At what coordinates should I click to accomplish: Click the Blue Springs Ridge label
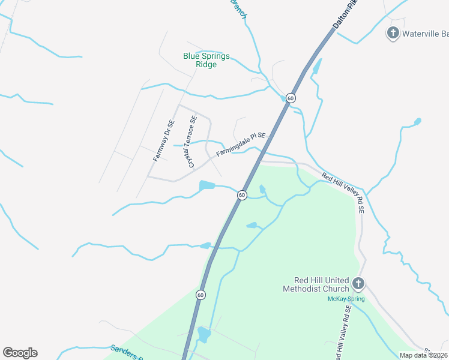[x=206, y=60]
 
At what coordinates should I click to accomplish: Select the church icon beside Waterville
[x=393, y=32]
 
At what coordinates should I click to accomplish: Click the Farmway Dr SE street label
[x=163, y=140]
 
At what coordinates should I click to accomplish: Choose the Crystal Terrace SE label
[x=192, y=142]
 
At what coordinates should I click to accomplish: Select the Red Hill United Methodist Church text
[x=315, y=284]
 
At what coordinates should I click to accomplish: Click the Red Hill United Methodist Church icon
[x=358, y=283]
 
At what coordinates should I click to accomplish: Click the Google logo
[x=20, y=353]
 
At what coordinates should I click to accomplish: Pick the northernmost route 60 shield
[x=291, y=98]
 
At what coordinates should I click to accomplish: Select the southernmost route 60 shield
[x=200, y=295]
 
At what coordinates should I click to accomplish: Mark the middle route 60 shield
[x=241, y=195]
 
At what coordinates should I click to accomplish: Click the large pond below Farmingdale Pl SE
[x=206, y=185]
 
